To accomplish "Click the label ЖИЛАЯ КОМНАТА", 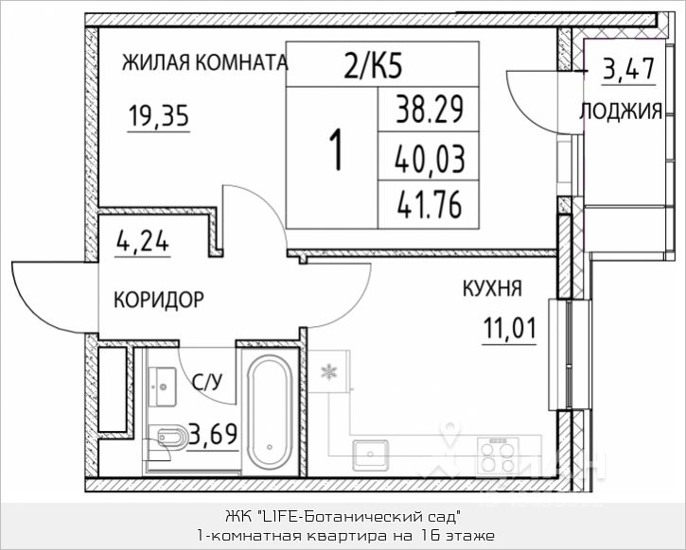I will [204, 63].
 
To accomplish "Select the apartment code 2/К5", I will [378, 66].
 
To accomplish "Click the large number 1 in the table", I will [334, 150].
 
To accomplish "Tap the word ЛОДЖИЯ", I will [620, 111].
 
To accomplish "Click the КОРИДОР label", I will [158, 301].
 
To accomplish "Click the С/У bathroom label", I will [206, 382].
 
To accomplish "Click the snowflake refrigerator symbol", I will [330, 370].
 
